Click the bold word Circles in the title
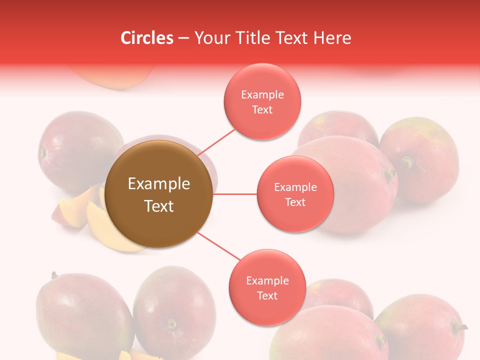[146, 38]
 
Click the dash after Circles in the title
[183, 38]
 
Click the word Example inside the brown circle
[159, 184]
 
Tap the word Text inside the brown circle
[159, 206]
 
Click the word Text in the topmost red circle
[262, 110]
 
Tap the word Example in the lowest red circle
[267, 280]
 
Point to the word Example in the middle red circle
[295, 187]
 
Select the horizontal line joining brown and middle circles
[235, 194]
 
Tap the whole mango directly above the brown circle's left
[80, 150]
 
